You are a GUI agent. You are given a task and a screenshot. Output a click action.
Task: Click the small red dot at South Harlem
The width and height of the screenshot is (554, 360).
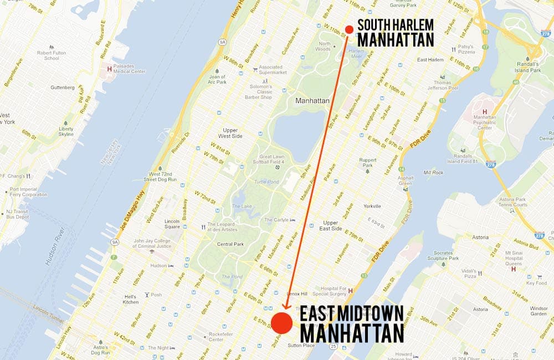pos(348,29)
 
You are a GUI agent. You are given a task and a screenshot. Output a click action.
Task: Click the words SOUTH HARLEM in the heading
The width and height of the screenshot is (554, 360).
pos(396,25)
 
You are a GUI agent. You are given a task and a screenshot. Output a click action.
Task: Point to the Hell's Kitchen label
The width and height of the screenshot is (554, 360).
pos(131,299)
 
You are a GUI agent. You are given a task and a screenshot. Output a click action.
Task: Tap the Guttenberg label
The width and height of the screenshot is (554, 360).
pos(63,88)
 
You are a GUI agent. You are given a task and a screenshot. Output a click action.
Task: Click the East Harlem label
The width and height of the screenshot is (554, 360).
pos(430,59)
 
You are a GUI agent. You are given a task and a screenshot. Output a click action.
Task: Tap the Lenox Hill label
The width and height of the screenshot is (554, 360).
pos(296,294)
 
